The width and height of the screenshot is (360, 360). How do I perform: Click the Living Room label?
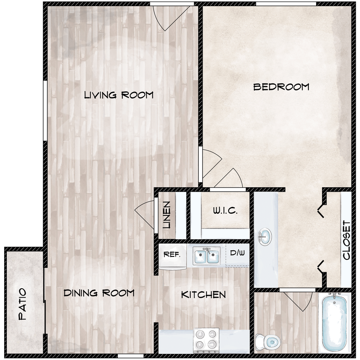click(118, 95)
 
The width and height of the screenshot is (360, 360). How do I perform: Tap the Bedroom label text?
click(281, 87)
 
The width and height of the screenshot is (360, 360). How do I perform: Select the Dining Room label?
click(99, 293)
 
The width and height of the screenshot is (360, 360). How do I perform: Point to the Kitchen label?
click(203, 294)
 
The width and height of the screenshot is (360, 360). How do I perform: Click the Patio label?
click(23, 305)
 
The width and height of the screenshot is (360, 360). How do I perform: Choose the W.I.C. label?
click(224, 211)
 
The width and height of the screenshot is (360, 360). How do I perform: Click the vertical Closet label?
click(346, 240)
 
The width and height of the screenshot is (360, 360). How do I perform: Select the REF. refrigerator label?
click(172, 255)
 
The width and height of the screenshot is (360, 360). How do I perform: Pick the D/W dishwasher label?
click(237, 253)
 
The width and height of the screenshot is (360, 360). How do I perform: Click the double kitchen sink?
click(206, 256)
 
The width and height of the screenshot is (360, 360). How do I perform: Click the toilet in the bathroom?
click(267, 341)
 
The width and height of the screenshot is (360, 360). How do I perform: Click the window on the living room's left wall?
click(45, 110)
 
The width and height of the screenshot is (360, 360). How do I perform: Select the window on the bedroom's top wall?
click(286, 4)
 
